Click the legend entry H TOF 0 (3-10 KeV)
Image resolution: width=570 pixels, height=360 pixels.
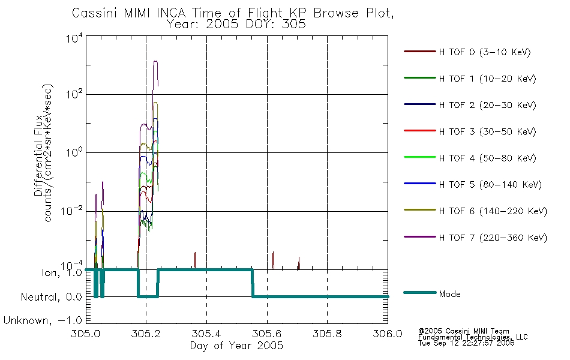tap(467, 52)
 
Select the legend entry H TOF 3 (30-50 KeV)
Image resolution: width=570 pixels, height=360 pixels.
tap(470, 131)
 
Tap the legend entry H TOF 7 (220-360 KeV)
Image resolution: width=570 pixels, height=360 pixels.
tap(475, 238)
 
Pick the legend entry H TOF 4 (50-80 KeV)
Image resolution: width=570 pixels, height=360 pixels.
tap(470, 158)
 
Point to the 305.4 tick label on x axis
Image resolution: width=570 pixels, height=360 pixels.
tap(206, 334)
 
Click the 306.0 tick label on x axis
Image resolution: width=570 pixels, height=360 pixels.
tap(388, 334)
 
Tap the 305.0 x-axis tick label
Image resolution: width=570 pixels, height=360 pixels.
tap(86, 334)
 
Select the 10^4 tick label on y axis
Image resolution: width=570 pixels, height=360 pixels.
tap(74, 38)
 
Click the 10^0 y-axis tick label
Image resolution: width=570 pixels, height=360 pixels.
tap(74, 152)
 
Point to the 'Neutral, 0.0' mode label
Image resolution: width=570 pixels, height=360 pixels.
tap(51, 297)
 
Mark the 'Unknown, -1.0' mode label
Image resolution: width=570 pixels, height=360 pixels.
tap(43, 320)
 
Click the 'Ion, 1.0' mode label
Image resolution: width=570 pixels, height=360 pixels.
tap(62, 273)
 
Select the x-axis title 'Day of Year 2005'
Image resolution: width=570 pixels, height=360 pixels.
tap(236, 345)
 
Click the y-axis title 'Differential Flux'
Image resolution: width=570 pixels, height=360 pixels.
tap(38, 155)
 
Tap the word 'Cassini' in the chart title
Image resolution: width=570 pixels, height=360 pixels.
tap(95, 13)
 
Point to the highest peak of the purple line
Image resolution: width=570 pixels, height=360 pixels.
tap(155, 61)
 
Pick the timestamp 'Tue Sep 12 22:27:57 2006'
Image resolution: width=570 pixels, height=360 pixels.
tap(466, 343)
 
